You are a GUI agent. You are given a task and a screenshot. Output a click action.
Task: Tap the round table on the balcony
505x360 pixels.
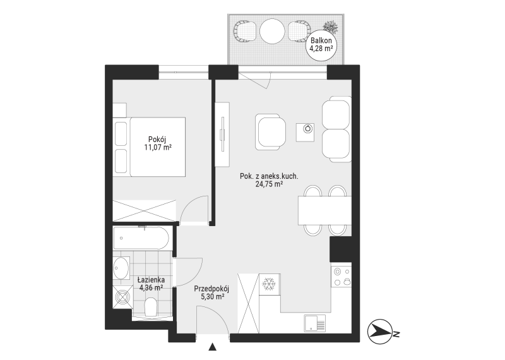(273, 31)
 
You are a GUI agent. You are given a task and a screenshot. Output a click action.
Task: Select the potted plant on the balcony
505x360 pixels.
(331, 27)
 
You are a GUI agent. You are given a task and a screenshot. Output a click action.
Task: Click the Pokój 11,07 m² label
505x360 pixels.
(157, 143)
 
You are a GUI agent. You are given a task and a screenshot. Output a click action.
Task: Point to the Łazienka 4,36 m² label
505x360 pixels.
(151, 284)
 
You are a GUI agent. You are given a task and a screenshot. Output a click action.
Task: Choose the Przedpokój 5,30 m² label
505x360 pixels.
(211, 292)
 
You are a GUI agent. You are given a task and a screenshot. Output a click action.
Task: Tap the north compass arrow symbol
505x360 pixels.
(381, 332)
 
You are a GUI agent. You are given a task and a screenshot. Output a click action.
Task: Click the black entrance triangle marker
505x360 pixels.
(212, 347)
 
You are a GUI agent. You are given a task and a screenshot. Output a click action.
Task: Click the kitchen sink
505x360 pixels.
(314, 323)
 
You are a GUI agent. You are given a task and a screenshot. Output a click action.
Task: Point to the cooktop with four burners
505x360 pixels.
(342, 277)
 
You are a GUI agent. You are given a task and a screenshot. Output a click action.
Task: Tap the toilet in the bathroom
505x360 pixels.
(150, 307)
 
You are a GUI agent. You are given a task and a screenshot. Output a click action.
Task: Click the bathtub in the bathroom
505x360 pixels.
(141, 238)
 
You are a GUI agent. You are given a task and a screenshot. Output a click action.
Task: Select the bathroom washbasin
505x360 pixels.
(121, 268)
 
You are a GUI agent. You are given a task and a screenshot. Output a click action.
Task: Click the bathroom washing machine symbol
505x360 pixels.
(122, 297)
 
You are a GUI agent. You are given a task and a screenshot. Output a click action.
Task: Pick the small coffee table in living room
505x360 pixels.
(306, 132)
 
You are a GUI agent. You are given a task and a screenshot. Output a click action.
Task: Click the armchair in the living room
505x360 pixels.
(270, 132)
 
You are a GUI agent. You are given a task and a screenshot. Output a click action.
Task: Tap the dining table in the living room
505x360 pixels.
(324, 210)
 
